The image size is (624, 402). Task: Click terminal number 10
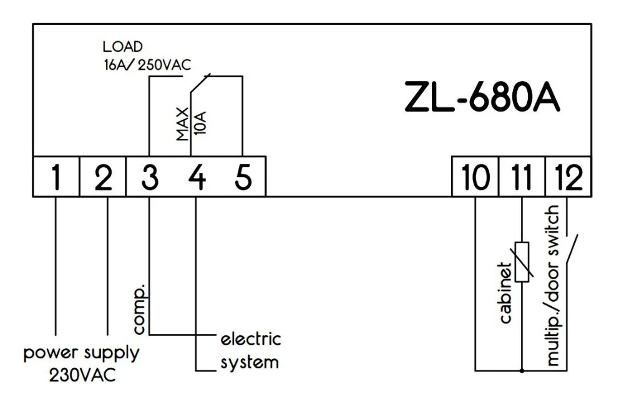coord(475,177)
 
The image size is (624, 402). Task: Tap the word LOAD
coord(122,47)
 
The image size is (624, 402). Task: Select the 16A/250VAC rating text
coord(146,63)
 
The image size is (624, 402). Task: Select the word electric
coord(251,340)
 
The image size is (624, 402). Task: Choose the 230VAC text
coord(82,376)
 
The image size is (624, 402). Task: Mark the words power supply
coord(81,353)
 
